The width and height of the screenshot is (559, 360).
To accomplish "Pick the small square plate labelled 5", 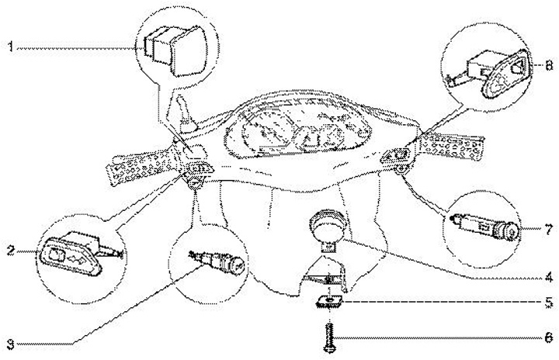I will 330,301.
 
